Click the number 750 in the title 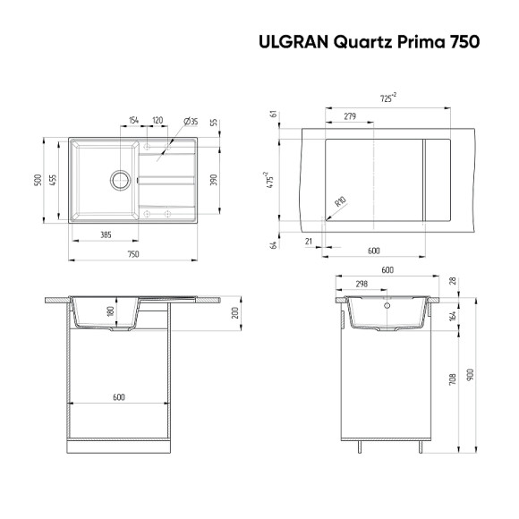point(463,41)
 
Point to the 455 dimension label point(54,179)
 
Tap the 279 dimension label point(350,116)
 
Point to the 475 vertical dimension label point(268,179)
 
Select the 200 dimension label point(235,313)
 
